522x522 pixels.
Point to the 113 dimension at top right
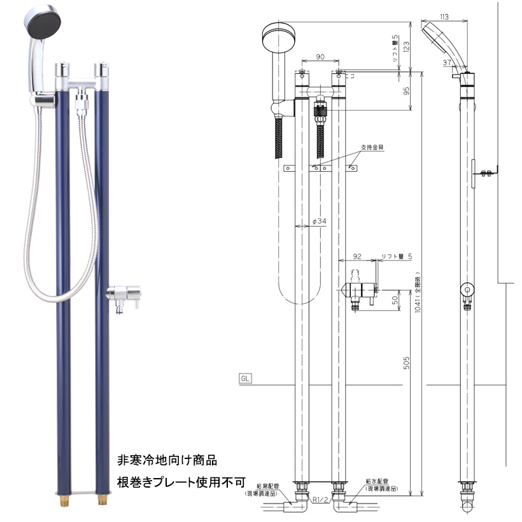coord(444,17)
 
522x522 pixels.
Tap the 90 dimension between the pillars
coord(320,57)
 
